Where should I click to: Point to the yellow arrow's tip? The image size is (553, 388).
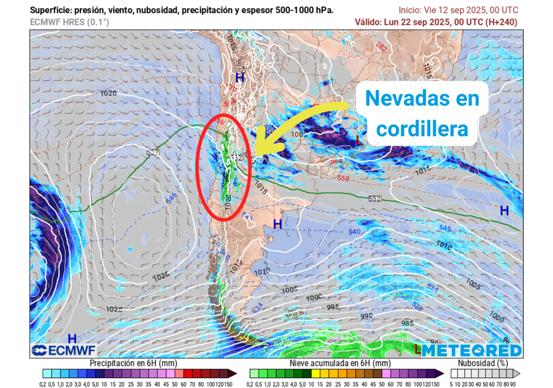click(x=258, y=153)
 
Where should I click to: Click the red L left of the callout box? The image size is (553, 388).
click(x=359, y=141)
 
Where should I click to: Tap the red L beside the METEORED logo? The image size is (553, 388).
click(x=417, y=349)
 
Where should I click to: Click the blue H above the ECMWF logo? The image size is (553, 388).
click(x=71, y=338)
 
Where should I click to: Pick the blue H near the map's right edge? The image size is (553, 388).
click(x=504, y=210)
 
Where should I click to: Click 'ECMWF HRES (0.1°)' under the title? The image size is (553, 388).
click(x=70, y=22)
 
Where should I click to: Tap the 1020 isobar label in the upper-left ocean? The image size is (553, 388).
click(x=109, y=93)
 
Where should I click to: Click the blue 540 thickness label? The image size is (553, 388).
click(x=354, y=232)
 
